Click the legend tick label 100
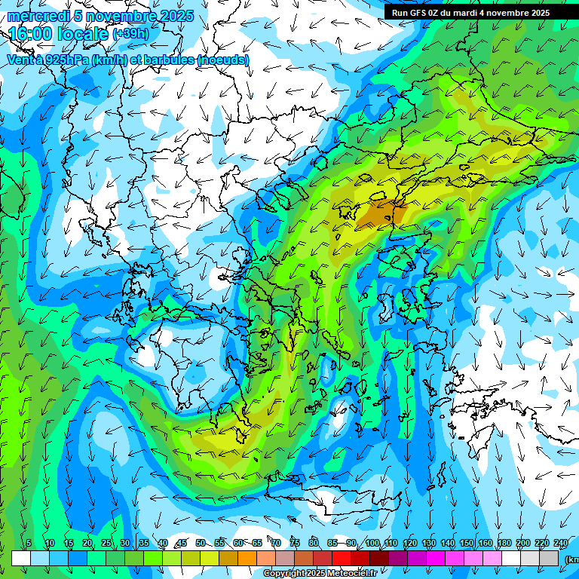[x=372, y=543]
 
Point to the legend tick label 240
[x=560, y=543]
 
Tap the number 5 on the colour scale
[x=29, y=543]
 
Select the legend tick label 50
[x=200, y=543]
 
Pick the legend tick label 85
[x=332, y=543]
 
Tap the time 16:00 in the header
[x=31, y=34]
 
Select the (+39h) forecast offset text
[x=130, y=34]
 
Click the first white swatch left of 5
[x=21, y=558]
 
